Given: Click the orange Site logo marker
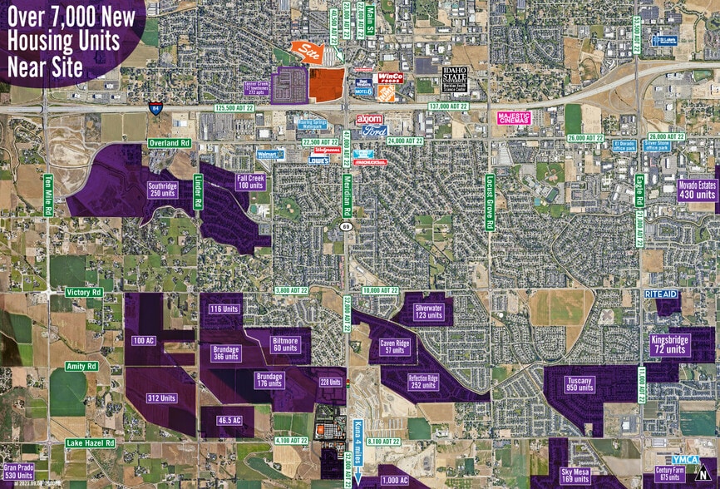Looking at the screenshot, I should pos(310,52).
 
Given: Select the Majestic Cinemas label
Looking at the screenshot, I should pos(520,118).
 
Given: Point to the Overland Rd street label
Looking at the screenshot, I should pos(170,143).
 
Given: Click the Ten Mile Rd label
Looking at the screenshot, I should pos(48,200).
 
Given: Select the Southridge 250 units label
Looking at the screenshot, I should pos(162,189).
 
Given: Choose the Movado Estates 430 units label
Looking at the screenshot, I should pos(697,190).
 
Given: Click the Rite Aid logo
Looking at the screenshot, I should pos(663,294).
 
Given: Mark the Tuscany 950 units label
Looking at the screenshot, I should pos(579,383).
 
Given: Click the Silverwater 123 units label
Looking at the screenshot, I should pos(429,312).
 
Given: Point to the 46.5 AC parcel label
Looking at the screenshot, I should pos(224,421).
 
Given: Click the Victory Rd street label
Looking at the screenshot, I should pos(85,293).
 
